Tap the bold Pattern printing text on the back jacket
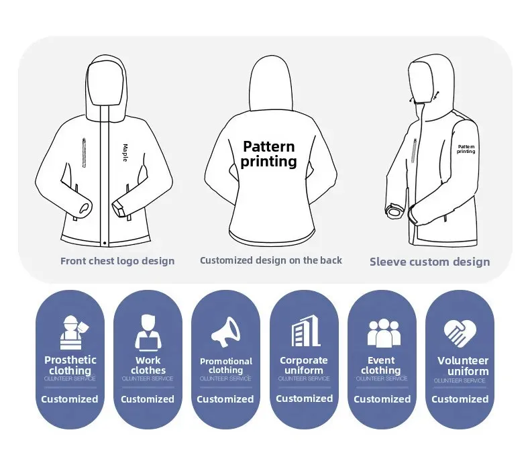[x=268, y=154]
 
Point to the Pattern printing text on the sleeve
[x=466, y=149]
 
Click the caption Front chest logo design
[x=117, y=261]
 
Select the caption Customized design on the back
[x=271, y=260]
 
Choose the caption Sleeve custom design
[x=429, y=262]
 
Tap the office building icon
[x=305, y=331]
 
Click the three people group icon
[x=383, y=332]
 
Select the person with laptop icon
[x=148, y=332]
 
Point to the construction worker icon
[x=70, y=332]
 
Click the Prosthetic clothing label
[x=70, y=365]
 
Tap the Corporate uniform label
[x=304, y=365]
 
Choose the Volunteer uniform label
[x=463, y=366]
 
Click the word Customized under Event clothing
[x=382, y=399]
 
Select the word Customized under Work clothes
[x=148, y=399]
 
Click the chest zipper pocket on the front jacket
[x=84, y=154]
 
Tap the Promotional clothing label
[x=226, y=365]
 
